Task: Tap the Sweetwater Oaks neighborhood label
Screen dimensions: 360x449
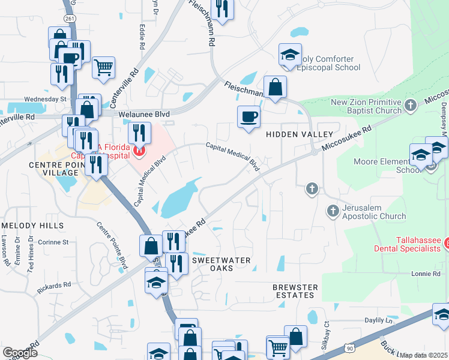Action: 220,265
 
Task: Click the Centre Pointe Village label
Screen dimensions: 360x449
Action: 54,168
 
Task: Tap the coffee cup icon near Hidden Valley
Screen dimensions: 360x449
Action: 249,117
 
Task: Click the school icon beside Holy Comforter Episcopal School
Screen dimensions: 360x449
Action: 290,55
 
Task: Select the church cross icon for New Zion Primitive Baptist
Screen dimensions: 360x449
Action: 411,106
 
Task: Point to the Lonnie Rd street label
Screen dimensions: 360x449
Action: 426,274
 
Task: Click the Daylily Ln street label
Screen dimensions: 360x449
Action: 378,320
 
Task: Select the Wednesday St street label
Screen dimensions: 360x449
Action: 45,98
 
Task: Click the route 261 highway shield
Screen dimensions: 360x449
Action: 71,19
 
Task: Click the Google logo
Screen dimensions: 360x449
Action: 20,353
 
